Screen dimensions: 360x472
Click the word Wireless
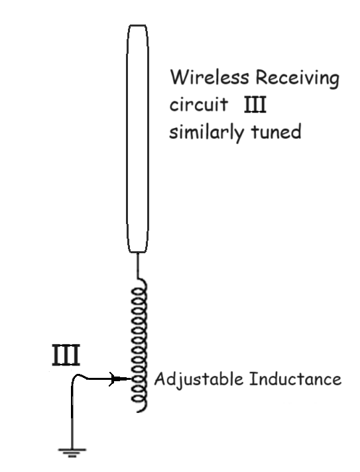[x=210, y=77]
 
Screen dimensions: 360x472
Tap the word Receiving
[x=298, y=78]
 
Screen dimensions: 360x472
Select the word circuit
[x=198, y=104]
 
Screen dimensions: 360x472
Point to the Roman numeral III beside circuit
[x=255, y=105]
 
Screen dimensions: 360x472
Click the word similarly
[x=206, y=132]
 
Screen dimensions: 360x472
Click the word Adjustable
[x=199, y=379]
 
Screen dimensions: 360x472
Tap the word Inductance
[x=295, y=379]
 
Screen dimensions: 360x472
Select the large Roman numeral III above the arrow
[x=66, y=355]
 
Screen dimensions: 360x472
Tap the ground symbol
[x=72, y=452]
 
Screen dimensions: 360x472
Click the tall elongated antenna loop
[x=127, y=139]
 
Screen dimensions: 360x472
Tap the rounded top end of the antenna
[x=137, y=25]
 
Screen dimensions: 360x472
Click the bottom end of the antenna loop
[x=137, y=252]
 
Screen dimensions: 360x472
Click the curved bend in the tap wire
[x=78, y=375]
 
